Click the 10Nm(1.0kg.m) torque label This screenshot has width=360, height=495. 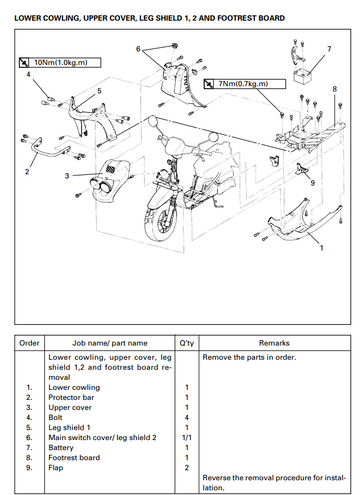[x=60, y=63]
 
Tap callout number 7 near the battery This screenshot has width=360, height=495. [x=329, y=49]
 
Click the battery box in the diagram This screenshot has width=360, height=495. [x=303, y=77]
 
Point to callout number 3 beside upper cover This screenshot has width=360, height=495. [x=67, y=176]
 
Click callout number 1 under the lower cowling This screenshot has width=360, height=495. [x=322, y=248]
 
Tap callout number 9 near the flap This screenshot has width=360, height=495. [x=312, y=183]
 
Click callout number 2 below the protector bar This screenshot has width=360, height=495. [x=27, y=172]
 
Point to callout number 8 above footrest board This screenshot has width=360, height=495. [x=335, y=89]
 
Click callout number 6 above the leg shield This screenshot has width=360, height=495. [x=138, y=49]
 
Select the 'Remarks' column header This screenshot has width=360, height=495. [x=274, y=343]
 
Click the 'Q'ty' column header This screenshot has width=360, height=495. [x=187, y=343]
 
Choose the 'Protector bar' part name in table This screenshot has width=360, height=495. [x=71, y=397]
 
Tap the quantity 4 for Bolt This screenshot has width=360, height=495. [x=187, y=417]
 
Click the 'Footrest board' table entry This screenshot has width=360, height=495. [x=74, y=457]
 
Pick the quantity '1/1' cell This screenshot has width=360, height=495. [x=187, y=437]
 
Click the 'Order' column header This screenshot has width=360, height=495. [x=29, y=343]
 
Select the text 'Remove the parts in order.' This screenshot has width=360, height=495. [x=249, y=357]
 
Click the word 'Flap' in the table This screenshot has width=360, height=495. [x=56, y=468]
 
